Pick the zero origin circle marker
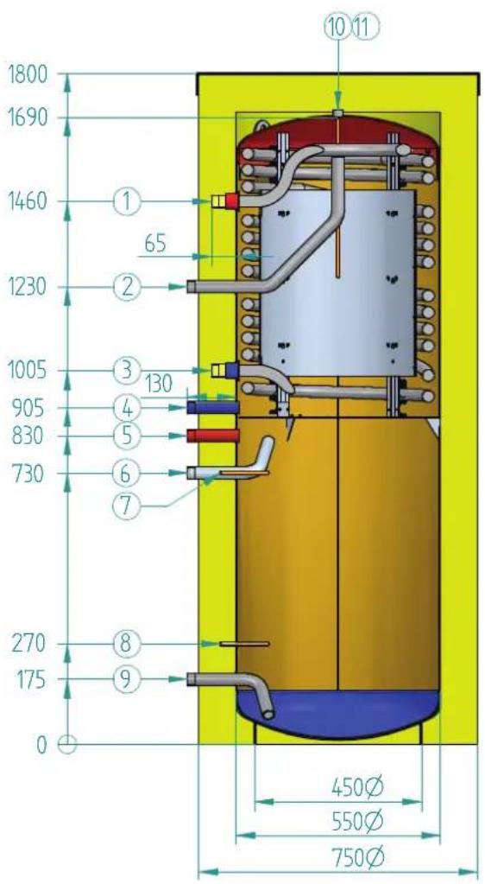(67, 744)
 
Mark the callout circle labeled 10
(337, 28)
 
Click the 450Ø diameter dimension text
(357, 785)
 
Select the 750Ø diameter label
(357, 859)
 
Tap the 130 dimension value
(157, 385)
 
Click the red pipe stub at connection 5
(213, 436)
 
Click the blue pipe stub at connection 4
(213, 407)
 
